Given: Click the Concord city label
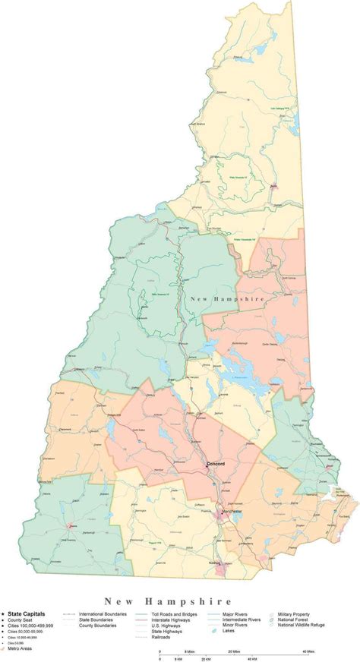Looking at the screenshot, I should tap(217, 464).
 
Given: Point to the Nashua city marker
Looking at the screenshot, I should tap(220, 563).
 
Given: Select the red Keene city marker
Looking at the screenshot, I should tap(51, 525).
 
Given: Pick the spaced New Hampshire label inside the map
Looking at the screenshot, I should tap(228, 299).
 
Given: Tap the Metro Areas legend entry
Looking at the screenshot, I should tap(24, 649).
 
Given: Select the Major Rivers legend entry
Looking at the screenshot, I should tap(235, 612).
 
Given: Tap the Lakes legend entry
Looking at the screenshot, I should tap(229, 630).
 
